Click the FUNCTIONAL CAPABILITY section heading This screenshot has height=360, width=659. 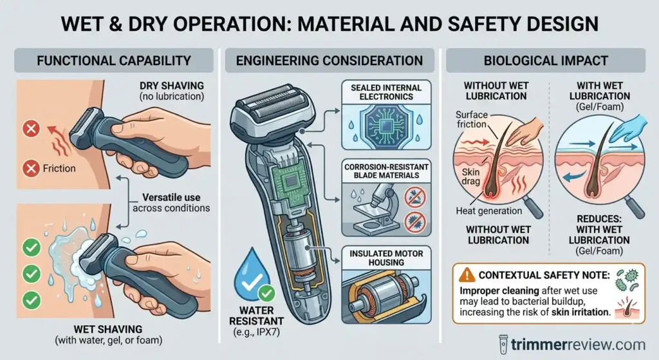pos(114,61)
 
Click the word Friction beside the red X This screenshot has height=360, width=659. pos(59,169)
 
